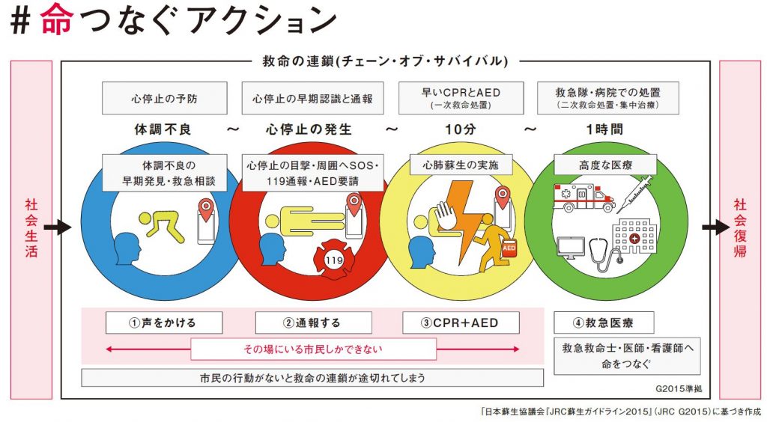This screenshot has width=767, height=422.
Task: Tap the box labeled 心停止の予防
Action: point(166,99)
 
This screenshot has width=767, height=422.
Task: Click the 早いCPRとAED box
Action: point(460,99)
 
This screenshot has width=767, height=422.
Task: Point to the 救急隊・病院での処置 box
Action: point(607,99)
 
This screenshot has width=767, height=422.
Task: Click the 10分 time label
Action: point(460,129)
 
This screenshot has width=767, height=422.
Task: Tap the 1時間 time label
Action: point(607,129)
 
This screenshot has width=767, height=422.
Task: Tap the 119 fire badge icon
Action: point(333,257)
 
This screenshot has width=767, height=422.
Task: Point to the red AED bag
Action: point(509,247)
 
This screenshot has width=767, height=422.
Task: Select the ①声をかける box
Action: point(164,322)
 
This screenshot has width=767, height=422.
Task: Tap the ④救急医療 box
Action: point(604,322)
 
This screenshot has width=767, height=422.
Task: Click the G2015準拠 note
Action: point(676,389)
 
